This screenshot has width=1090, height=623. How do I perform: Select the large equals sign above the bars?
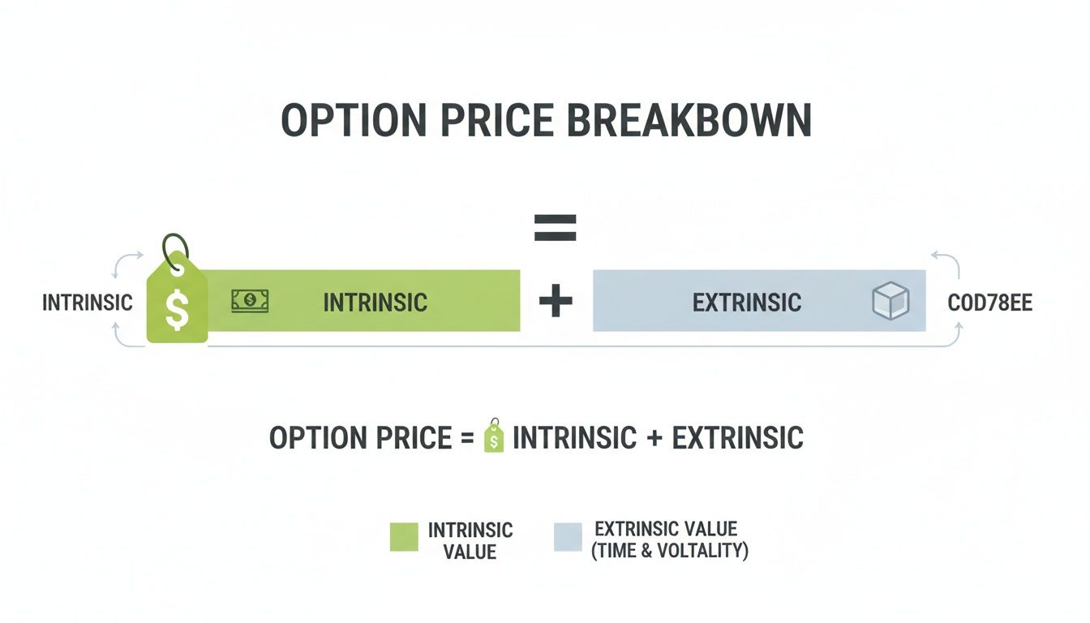(x=555, y=228)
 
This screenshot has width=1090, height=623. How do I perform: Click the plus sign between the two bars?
(x=556, y=303)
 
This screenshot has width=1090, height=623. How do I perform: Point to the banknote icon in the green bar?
(x=250, y=302)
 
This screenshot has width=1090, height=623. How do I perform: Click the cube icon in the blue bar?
(x=890, y=302)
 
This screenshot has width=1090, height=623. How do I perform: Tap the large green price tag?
(x=177, y=304)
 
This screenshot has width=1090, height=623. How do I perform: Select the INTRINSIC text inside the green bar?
(x=375, y=303)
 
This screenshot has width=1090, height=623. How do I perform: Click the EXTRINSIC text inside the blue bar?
(x=746, y=303)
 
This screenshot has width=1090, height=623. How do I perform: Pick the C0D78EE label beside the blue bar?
(x=989, y=303)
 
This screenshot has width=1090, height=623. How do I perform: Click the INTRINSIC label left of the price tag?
(x=87, y=303)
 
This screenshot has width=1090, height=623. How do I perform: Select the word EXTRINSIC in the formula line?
(x=737, y=438)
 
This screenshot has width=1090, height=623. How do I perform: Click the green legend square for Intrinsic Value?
(x=404, y=537)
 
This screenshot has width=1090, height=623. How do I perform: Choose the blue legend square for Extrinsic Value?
(x=568, y=537)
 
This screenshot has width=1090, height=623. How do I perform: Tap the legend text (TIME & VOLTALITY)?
(x=669, y=551)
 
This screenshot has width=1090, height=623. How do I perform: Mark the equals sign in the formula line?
(x=466, y=438)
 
